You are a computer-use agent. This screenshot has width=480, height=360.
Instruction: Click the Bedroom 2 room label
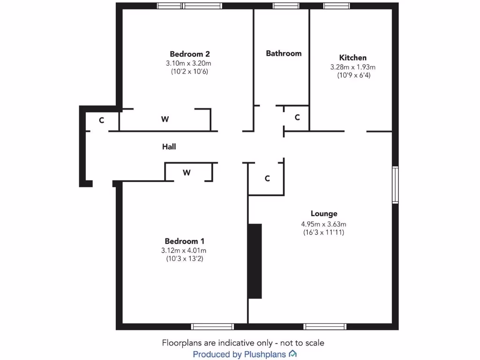(187, 53)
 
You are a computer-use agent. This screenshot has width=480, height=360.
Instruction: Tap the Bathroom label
(284, 53)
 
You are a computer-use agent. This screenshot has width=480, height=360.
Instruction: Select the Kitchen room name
(353, 58)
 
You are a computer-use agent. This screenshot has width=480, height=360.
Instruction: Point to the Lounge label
(323, 214)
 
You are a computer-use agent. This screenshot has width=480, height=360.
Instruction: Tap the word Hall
(169, 147)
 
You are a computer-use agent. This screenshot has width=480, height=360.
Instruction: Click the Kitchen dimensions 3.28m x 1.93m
(353, 67)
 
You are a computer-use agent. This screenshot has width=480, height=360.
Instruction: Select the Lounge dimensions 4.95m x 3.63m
(323, 224)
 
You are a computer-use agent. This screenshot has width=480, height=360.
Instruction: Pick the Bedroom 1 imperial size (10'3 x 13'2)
(183, 258)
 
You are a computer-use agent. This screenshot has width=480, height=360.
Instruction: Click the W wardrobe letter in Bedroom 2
(165, 120)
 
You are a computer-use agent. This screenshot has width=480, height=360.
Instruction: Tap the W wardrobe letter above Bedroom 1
(187, 172)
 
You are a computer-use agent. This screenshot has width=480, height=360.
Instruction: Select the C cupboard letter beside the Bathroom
(297, 118)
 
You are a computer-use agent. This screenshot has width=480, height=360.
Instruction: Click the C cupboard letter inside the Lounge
(267, 178)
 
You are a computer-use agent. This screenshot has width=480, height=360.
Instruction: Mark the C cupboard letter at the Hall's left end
(101, 120)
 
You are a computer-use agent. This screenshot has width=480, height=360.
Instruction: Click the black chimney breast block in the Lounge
(255, 261)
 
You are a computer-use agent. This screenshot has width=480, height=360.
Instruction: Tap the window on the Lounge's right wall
(395, 185)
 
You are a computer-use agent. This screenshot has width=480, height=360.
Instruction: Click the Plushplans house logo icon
(292, 353)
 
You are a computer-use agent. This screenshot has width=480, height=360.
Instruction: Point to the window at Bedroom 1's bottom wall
(212, 327)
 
